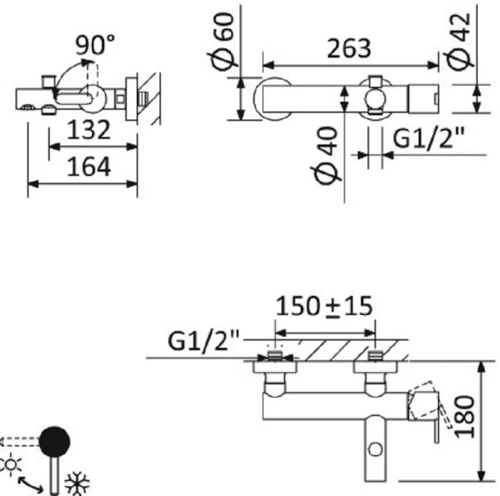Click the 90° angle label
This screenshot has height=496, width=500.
pos(95,45)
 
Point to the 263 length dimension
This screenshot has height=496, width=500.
pos(348,48)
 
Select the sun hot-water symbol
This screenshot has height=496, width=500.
pos(12,465)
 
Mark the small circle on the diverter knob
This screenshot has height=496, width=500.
pos(375,449)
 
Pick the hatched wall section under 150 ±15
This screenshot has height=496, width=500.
pos(324,348)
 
